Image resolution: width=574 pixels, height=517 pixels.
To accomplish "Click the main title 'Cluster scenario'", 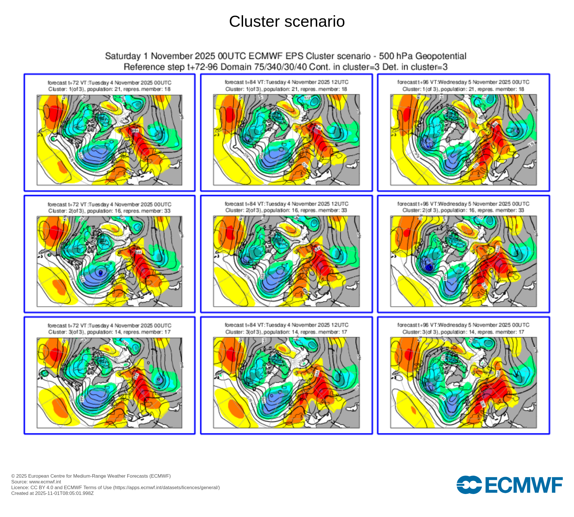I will click(x=287, y=22).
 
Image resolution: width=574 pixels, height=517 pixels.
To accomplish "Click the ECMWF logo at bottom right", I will click(x=509, y=485).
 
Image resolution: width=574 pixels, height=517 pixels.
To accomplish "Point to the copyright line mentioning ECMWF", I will click(x=91, y=476).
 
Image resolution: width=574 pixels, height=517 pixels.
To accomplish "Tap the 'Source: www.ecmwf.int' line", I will click(x=36, y=482).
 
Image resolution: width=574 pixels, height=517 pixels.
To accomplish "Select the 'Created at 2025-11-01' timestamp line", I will click(x=53, y=493).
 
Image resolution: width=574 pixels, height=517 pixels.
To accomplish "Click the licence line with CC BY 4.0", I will click(x=115, y=487).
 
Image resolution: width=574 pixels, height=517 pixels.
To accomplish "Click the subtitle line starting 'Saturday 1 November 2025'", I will click(x=286, y=56).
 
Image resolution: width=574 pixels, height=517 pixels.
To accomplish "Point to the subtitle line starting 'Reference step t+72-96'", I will click(x=286, y=67).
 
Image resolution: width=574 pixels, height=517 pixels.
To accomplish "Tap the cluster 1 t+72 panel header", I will click(x=109, y=86).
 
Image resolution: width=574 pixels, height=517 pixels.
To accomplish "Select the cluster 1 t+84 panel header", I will click(x=286, y=86).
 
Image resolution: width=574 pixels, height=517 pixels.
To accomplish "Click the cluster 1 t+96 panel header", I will click(x=463, y=86).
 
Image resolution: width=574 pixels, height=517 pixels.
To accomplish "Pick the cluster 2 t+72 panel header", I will click(x=109, y=207).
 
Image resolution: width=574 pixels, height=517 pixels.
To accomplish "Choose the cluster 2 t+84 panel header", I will click(x=286, y=207).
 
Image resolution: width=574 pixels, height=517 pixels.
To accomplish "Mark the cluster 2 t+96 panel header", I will click(x=463, y=207).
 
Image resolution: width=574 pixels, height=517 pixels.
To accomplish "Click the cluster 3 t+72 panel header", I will click(x=109, y=329).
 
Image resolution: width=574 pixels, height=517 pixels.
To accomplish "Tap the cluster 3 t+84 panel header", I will click(x=286, y=328).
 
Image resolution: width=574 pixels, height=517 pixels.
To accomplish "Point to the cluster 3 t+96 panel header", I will click(x=463, y=328).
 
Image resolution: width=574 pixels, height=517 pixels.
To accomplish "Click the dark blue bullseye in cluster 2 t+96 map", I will click(x=429, y=267).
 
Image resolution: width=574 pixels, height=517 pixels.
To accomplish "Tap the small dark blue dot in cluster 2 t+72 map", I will click(x=100, y=272).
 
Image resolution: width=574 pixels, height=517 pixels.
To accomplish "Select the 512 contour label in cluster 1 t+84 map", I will click(x=307, y=98).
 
